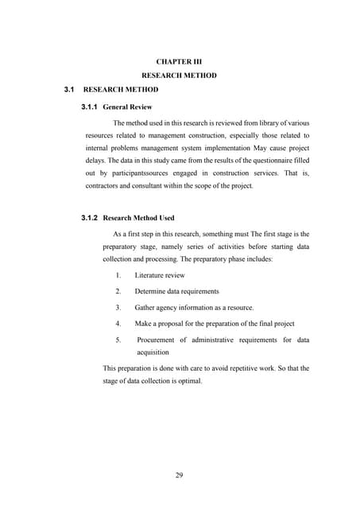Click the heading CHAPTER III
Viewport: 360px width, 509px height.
coord(179,60)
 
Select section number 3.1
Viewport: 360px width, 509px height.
coord(69,91)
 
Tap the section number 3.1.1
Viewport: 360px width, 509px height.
coord(92,107)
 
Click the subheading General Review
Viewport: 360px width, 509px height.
coord(128,107)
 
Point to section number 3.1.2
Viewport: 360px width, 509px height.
coord(92,218)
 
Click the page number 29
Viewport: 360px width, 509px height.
coord(180,476)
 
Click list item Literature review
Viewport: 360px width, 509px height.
coord(160,275)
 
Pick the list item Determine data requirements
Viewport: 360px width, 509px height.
coord(176,291)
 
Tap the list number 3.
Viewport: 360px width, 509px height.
coord(118,307)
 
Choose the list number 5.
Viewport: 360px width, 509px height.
coord(118,340)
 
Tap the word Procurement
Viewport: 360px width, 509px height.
coord(162,340)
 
